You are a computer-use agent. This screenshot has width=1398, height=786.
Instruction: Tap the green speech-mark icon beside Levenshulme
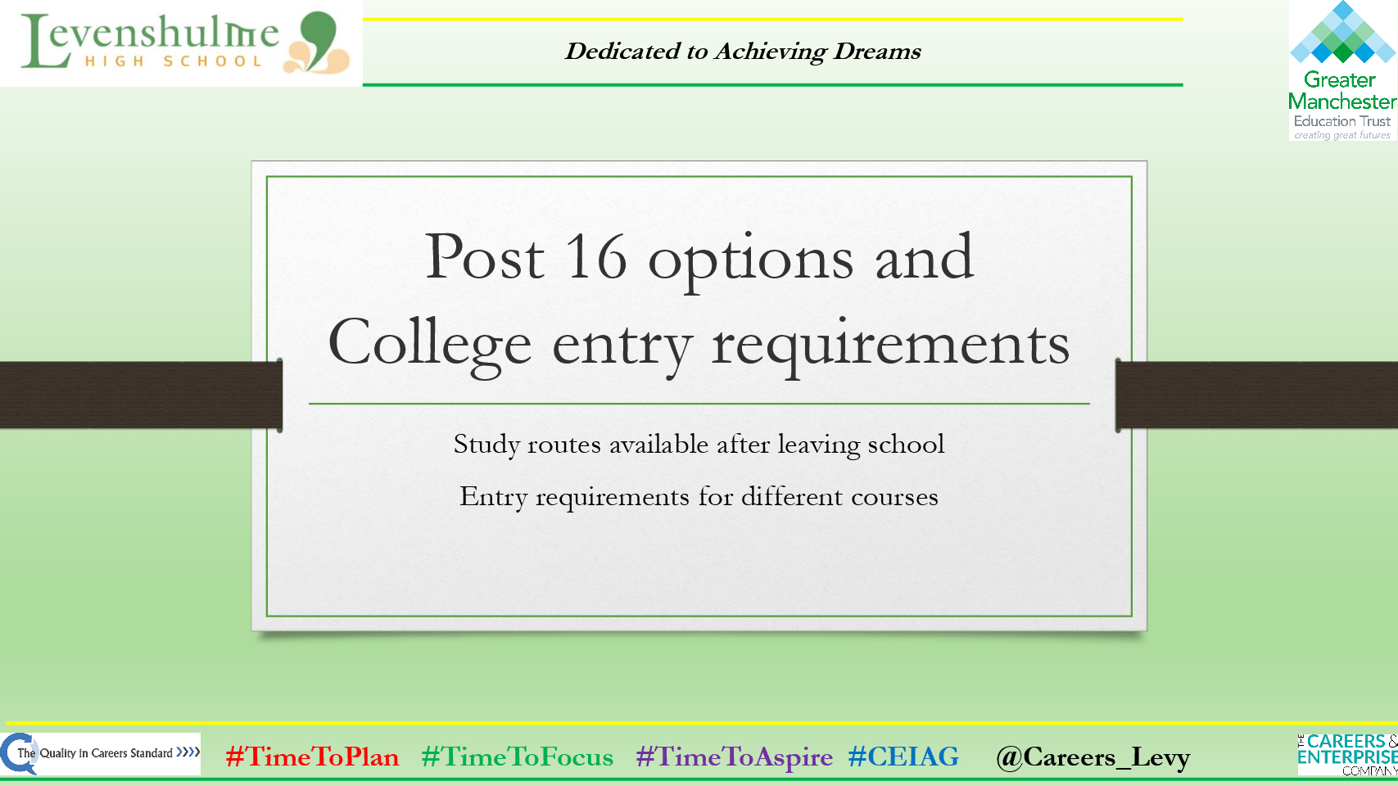tap(319, 37)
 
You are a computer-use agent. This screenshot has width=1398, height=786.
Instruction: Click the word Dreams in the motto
tap(877, 52)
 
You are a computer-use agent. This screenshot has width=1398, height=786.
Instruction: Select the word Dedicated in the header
tap(623, 52)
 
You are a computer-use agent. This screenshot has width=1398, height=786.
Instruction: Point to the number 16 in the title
tap(596, 258)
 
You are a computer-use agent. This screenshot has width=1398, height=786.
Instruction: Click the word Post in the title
tap(484, 258)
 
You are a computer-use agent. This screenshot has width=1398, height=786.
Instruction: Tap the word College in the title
tap(429, 345)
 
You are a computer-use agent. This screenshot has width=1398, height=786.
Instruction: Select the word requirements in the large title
tap(890, 345)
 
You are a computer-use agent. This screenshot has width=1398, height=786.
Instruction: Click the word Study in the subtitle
tap(486, 445)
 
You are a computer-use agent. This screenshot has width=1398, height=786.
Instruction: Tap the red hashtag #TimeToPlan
tap(312, 757)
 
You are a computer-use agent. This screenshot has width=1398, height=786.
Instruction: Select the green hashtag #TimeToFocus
tap(517, 757)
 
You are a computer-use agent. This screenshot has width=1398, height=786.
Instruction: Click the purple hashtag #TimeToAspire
tap(734, 757)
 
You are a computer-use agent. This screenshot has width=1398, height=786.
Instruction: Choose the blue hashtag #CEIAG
tap(903, 757)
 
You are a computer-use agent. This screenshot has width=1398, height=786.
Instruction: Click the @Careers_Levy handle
tap(1093, 757)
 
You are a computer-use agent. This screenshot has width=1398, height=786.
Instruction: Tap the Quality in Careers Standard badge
tap(101, 753)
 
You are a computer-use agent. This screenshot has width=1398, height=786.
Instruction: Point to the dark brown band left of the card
tap(139, 395)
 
